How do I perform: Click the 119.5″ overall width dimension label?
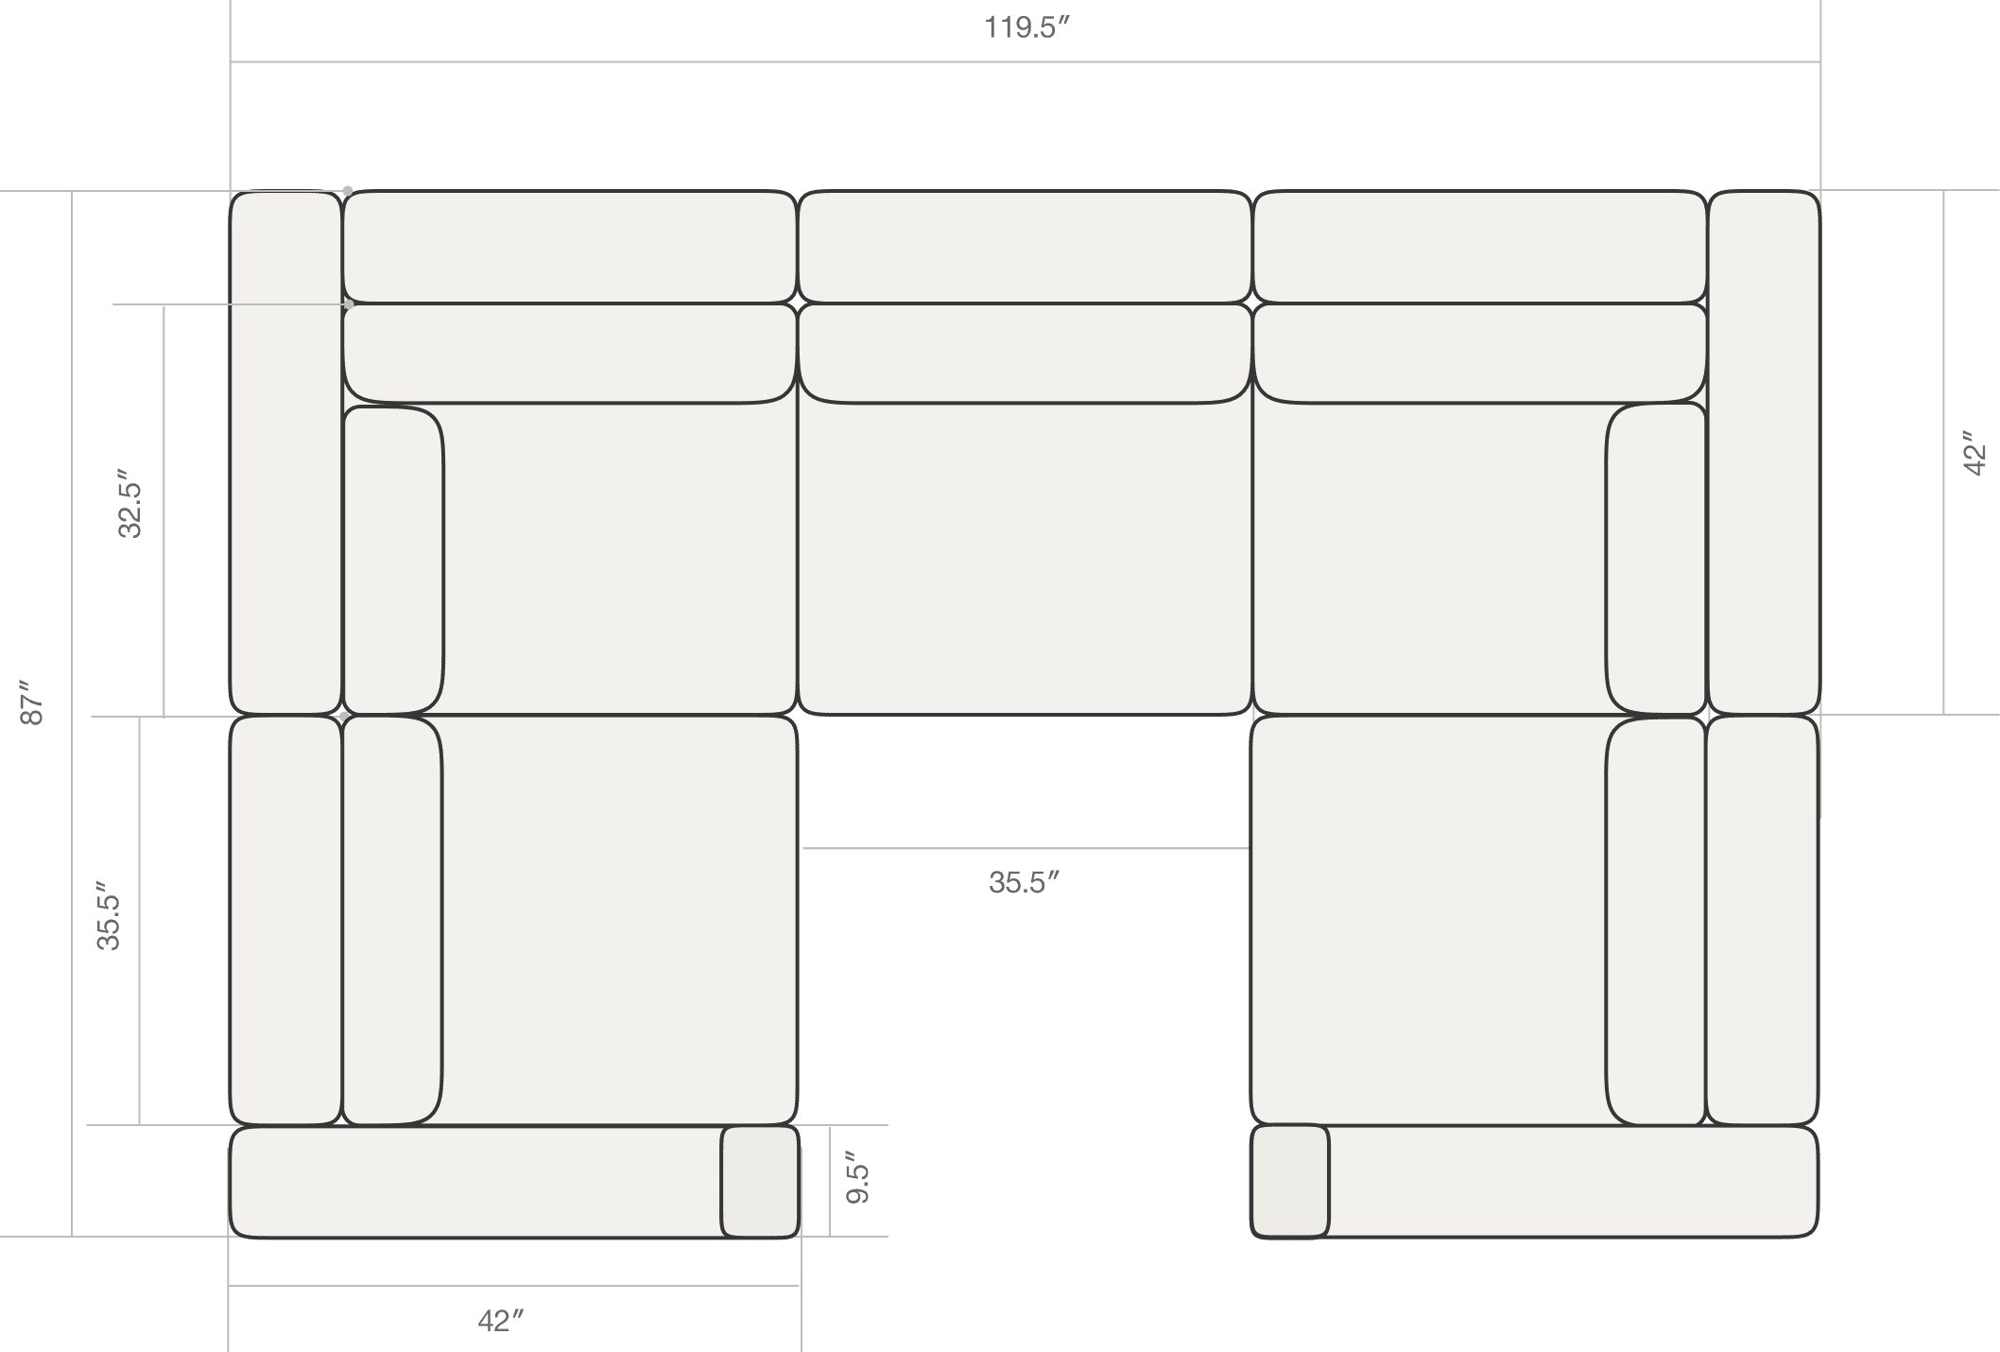pyautogui.click(x=1026, y=27)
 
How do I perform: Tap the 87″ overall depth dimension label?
pyautogui.click(x=32, y=702)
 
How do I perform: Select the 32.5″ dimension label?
pyautogui.click(x=129, y=503)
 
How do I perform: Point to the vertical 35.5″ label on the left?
pyautogui.click(x=109, y=922)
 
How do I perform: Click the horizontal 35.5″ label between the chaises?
pyautogui.click(x=1024, y=882)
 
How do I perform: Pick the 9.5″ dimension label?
pyautogui.click(x=857, y=1177)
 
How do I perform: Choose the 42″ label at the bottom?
pyautogui.click(x=500, y=1321)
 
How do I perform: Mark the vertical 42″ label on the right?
pyautogui.click(x=1974, y=454)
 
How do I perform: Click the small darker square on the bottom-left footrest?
pyautogui.click(x=760, y=1181)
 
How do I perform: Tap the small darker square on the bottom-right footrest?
pyautogui.click(x=1290, y=1181)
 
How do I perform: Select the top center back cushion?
pyautogui.click(x=1026, y=247)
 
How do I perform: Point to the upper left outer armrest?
pyautogui.click(x=286, y=453)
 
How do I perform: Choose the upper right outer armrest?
pyautogui.click(x=1764, y=453)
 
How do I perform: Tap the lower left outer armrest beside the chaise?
pyautogui.click(x=286, y=921)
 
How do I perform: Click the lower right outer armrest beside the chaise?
pyautogui.click(x=1763, y=921)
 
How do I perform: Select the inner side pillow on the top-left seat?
pyautogui.click(x=393, y=561)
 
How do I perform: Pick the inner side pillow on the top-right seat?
pyautogui.click(x=1656, y=559)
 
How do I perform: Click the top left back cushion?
pyautogui.click(x=570, y=247)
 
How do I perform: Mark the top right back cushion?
pyautogui.click(x=1480, y=247)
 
